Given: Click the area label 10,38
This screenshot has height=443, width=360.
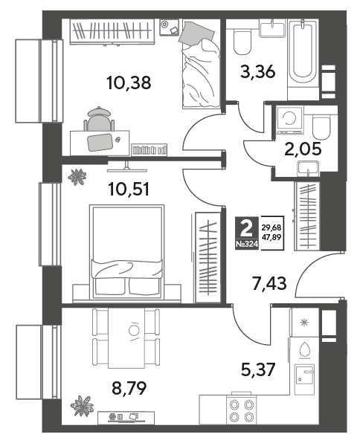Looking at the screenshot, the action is coord(129,83).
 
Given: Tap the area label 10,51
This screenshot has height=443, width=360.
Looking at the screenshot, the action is coord(129,190).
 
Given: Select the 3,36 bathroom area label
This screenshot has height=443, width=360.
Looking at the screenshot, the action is coord(257,72).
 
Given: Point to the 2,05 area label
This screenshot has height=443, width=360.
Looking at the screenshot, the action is coord(303,149).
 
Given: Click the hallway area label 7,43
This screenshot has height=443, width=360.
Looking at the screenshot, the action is coord(269,283).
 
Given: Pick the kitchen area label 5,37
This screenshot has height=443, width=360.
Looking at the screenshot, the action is coord(258,370).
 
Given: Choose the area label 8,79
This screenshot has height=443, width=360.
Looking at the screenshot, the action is coord(129,389).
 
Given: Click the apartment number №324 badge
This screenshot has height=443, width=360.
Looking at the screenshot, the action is coord(247,245).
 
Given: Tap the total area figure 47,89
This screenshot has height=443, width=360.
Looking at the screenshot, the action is coord(271,237).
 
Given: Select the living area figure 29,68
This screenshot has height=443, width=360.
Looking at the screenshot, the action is coord(271,227).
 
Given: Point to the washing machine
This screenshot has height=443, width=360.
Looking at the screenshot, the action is coord(289,120).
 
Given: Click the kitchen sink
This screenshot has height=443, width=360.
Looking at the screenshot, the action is coord(304,379).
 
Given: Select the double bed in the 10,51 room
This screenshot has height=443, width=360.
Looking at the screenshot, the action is coord(126,252).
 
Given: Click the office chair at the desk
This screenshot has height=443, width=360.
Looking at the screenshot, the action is coord(99,119).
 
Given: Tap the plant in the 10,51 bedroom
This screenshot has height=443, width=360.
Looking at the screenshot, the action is coord(77,177).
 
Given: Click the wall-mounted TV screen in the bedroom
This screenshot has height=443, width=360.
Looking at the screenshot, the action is coord(127,170).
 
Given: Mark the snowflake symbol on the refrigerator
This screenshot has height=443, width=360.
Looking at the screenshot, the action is coord(304,323).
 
